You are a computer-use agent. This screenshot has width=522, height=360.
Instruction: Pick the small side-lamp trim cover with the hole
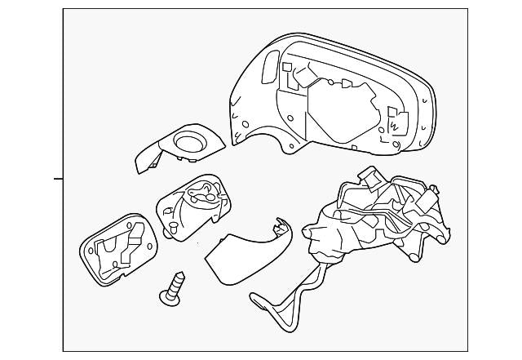pyautogui.click(x=179, y=149)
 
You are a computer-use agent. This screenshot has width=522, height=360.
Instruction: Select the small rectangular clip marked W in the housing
pyautogui.click(x=393, y=122)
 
